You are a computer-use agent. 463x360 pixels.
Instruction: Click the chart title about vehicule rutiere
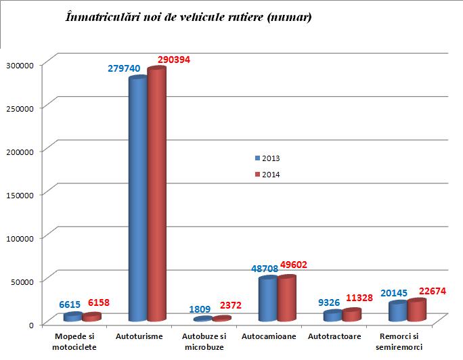[x=188, y=18]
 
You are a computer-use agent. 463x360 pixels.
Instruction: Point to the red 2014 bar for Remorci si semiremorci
[x=417, y=310]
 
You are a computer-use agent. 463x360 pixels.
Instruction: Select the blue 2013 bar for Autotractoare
[x=332, y=315]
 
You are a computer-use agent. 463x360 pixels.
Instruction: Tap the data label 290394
[x=174, y=60]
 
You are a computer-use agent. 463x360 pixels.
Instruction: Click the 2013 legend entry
[x=267, y=158]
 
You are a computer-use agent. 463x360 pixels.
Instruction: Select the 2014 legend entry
[x=267, y=175]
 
